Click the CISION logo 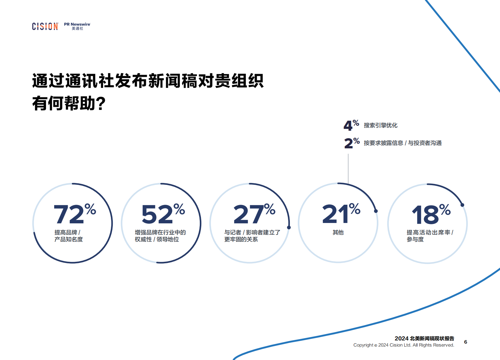[x=45, y=26]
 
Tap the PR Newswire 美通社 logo [x=77, y=26]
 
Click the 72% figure [x=75, y=214]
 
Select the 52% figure [x=163, y=214]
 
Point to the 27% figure [x=254, y=214]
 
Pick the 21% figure [x=341, y=214]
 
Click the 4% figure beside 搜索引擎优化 [x=351, y=125]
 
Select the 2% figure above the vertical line [x=352, y=143]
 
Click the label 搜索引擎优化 [x=381, y=125]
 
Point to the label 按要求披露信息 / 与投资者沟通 [x=403, y=143]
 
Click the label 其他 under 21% [x=338, y=232]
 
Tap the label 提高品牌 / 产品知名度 [x=68, y=236]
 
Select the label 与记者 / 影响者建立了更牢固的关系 [x=252, y=236]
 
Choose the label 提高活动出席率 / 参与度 [x=430, y=236]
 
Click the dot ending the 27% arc [x=289, y=227]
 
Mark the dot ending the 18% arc [x=462, y=205]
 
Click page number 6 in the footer [x=465, y=342]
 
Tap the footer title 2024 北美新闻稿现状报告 [x=424, y=338]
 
